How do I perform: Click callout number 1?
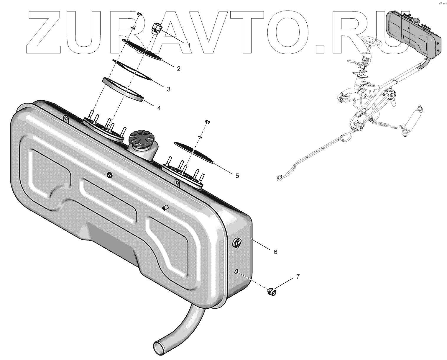[189, 45]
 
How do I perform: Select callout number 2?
[178, 68]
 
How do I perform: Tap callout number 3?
[168, 89]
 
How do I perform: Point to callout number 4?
[159, 108]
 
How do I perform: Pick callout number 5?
[237, 176]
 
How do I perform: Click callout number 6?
[275, 252]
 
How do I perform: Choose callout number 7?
[298, 276]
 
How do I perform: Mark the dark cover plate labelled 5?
[193, 152]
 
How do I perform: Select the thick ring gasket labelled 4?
[123, 89]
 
